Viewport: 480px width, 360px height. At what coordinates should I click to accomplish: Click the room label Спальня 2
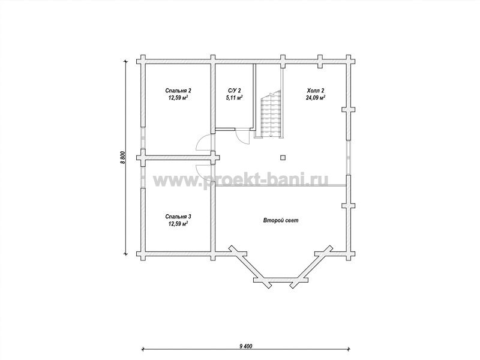[x=178, y=91]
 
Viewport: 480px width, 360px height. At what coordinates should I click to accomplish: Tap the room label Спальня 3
[x=178, y=217]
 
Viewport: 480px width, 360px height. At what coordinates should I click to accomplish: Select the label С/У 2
[x=235, y=91]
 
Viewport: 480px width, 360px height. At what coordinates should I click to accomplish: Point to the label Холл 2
[x=316, y=91]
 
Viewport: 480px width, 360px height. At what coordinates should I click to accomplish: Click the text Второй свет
[x=281, y=220]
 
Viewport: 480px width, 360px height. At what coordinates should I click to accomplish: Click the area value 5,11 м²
[x=235, y=98]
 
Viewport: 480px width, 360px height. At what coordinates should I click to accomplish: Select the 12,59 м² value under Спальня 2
[x=178, y=98]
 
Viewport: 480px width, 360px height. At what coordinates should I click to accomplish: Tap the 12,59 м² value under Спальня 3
[x=178, y=224]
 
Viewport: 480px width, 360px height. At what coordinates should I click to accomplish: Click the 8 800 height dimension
[x=122, y=158]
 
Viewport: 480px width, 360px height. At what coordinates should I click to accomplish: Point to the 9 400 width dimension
[x=246, y=346]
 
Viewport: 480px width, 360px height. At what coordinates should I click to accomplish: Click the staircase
[x=271, y=114]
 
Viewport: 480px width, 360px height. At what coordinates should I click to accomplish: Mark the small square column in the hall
[x=283, y=158]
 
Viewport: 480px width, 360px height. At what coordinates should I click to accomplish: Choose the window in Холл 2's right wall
[x=349, y=158]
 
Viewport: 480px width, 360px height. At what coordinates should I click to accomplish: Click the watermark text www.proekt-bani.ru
[x=241, y=180]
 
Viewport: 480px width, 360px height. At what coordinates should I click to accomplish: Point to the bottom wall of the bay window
[x=280, y=280]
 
